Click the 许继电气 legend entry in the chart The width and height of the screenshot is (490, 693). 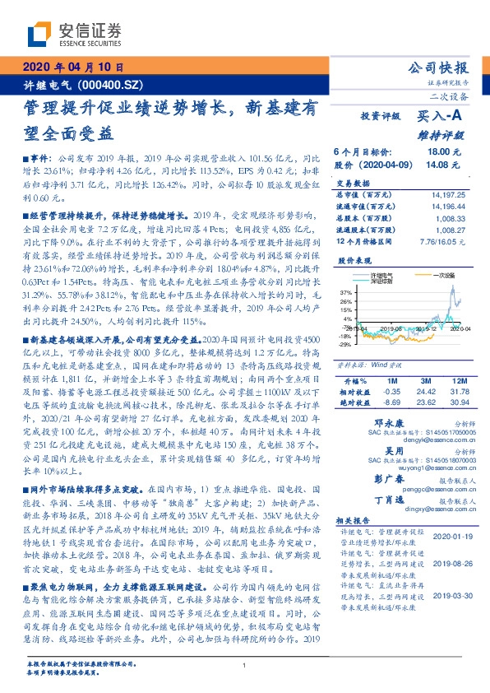383,272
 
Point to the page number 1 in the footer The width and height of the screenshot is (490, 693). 244,664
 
